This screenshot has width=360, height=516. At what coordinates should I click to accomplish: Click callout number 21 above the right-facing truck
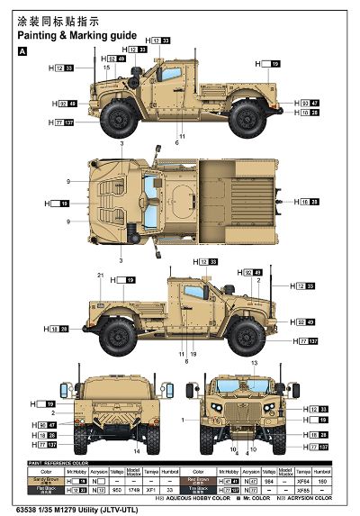[100, 274]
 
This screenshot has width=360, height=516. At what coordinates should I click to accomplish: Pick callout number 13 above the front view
[254, 363]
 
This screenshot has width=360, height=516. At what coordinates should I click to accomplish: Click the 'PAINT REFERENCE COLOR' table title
[58, 462]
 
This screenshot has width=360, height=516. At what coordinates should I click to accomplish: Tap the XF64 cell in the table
[298, 482]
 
